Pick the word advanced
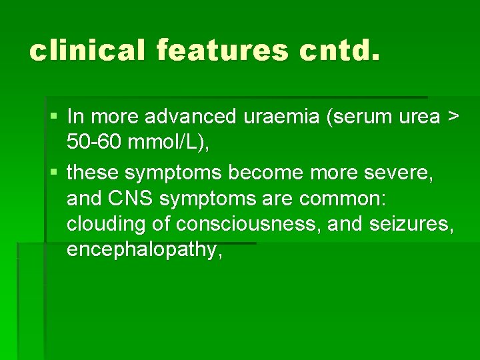pos(190,117)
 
